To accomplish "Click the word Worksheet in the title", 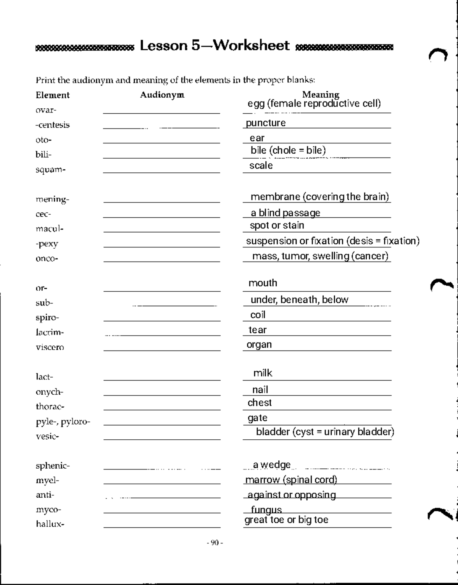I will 251,46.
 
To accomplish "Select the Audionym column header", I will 162,95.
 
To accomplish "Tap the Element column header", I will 53,95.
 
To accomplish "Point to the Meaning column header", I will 321,94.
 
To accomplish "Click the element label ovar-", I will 46,110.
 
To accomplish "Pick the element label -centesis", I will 53,125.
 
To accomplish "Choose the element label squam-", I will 51,170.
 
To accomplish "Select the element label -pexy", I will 47,244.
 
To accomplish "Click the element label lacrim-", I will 50,333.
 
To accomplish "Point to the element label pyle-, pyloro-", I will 63,422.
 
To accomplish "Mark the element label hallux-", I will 50,524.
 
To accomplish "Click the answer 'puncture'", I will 266,123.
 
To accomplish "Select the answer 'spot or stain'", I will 277,225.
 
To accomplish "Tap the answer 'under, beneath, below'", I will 299,300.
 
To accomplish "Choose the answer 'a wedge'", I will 272,465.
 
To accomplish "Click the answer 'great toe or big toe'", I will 286,520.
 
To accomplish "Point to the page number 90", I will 214,543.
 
